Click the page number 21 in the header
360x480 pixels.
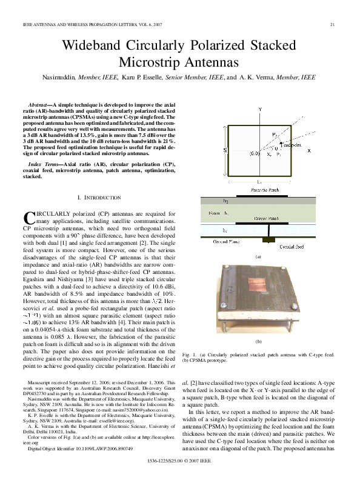tap(333, 24)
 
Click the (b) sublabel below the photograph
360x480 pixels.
tap(258, 342)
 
